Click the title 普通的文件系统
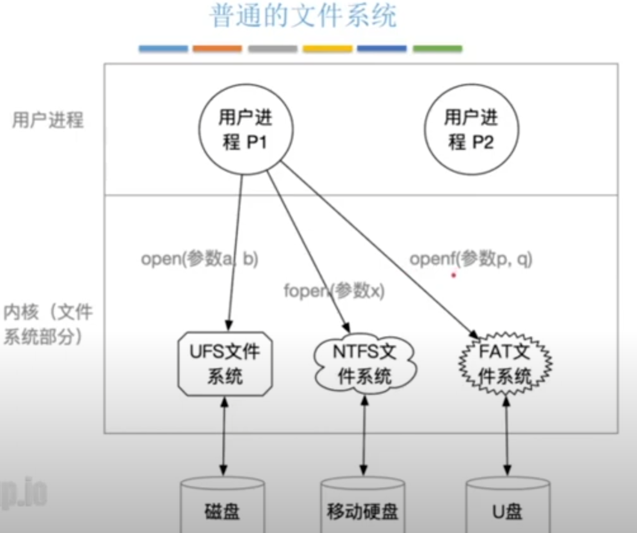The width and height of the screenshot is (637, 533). [x=303, y=16]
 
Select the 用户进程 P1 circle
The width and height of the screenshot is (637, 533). [x=246, y=129]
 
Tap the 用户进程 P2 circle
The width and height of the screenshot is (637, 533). [x=471, y=129]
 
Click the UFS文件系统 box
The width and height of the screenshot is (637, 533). [x=225, y=364]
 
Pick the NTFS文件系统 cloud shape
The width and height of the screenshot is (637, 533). [x=365, y=364]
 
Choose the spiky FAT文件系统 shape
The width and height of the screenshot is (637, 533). [x=505, y=364]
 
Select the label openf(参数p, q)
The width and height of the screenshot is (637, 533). [x=471, y=258]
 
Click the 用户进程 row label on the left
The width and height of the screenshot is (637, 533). [x=48, y=120]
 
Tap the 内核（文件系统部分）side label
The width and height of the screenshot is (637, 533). [x=47, y=324]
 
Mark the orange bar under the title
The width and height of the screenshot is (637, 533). [x=217, y=49]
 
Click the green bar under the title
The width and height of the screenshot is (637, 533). [x=437, y=49]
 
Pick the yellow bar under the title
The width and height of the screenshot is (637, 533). [x=328, y=49]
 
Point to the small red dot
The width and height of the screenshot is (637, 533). [x=454, y=275]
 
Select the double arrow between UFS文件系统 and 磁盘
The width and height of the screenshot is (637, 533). [x=224, y=436]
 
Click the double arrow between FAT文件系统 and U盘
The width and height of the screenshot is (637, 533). [x=506, y=436]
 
